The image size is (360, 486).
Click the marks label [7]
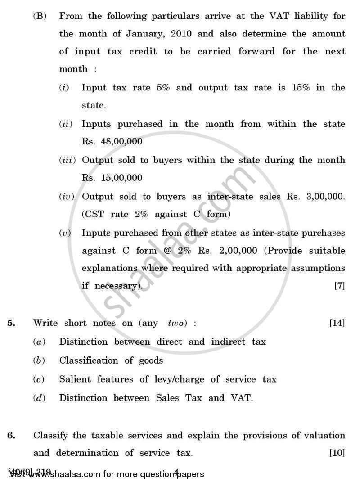point(340,286)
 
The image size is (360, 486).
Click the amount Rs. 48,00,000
point(112,141)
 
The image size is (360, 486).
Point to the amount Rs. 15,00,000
point(112,178)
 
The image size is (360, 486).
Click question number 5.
point(11,323)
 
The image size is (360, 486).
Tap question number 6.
point(11,435)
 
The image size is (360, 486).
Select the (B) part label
point(40,16)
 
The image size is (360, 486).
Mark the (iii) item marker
point(67,160)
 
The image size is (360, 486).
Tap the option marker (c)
point(40,379)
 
